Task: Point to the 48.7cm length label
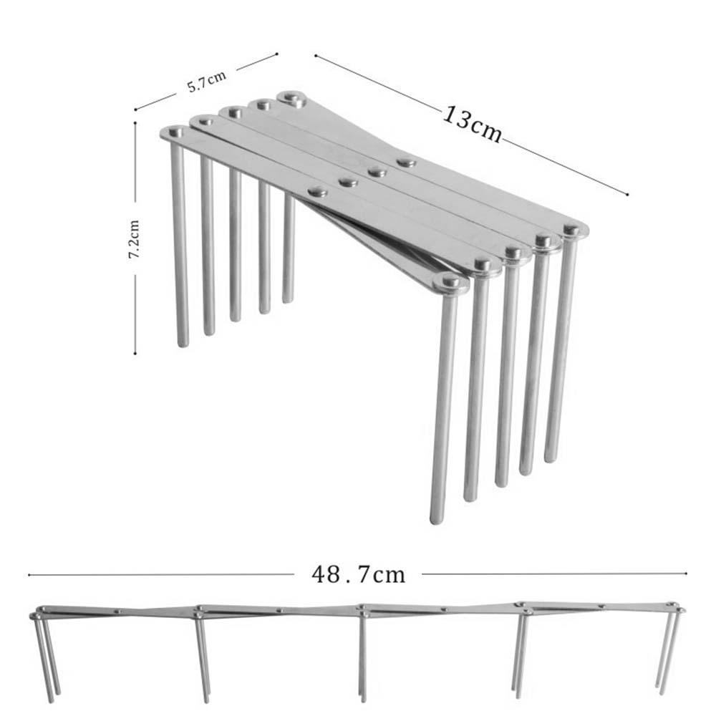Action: pyautogui.click(x=358, y=574)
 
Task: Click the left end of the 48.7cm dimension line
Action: pyautogui.click(x=29, y=574)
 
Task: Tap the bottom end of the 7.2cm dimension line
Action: pyautogui.click(x=135, y=353)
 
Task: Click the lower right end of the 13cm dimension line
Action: pyautogui.click(x=627, y=194)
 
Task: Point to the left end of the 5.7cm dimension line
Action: pyautogui.click(x=136, y=110)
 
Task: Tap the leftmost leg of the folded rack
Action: pyautogui.click(x=180, y=243)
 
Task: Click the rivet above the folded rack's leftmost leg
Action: pyautogui.click(x=175, y=132)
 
